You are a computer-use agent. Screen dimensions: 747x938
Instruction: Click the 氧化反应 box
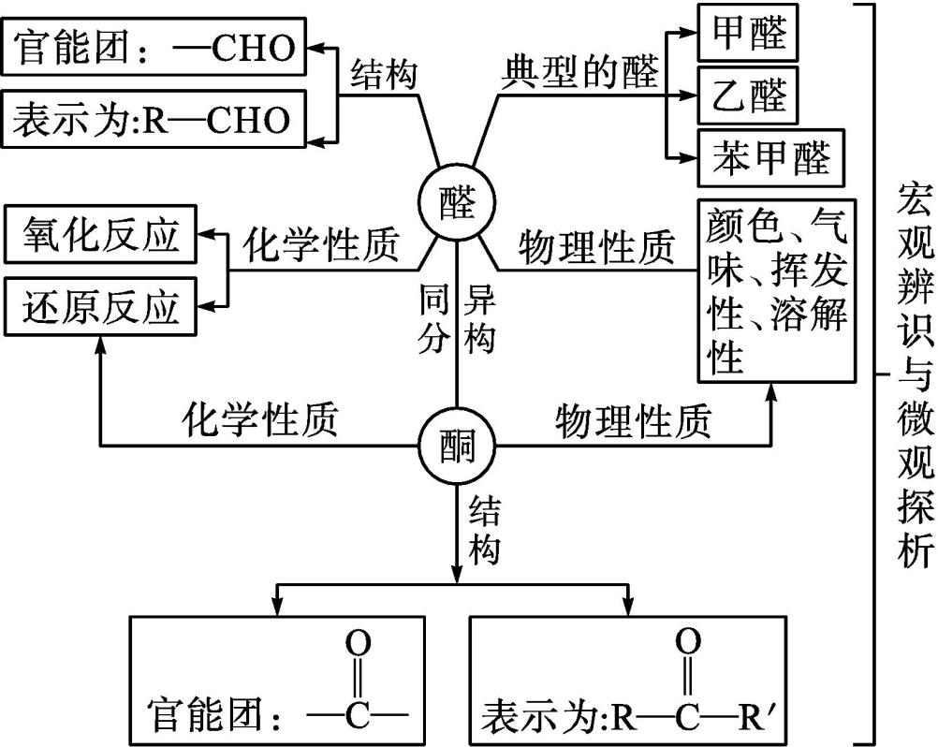[x=101, y=238]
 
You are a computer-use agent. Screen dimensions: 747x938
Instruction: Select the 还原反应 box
[x=101, y=306]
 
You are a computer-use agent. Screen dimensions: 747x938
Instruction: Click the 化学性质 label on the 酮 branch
[x=259, y=420]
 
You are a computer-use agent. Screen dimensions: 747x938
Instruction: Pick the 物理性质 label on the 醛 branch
[x=597, y=247]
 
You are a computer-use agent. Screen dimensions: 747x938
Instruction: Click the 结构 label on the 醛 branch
[x=384, y=73]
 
